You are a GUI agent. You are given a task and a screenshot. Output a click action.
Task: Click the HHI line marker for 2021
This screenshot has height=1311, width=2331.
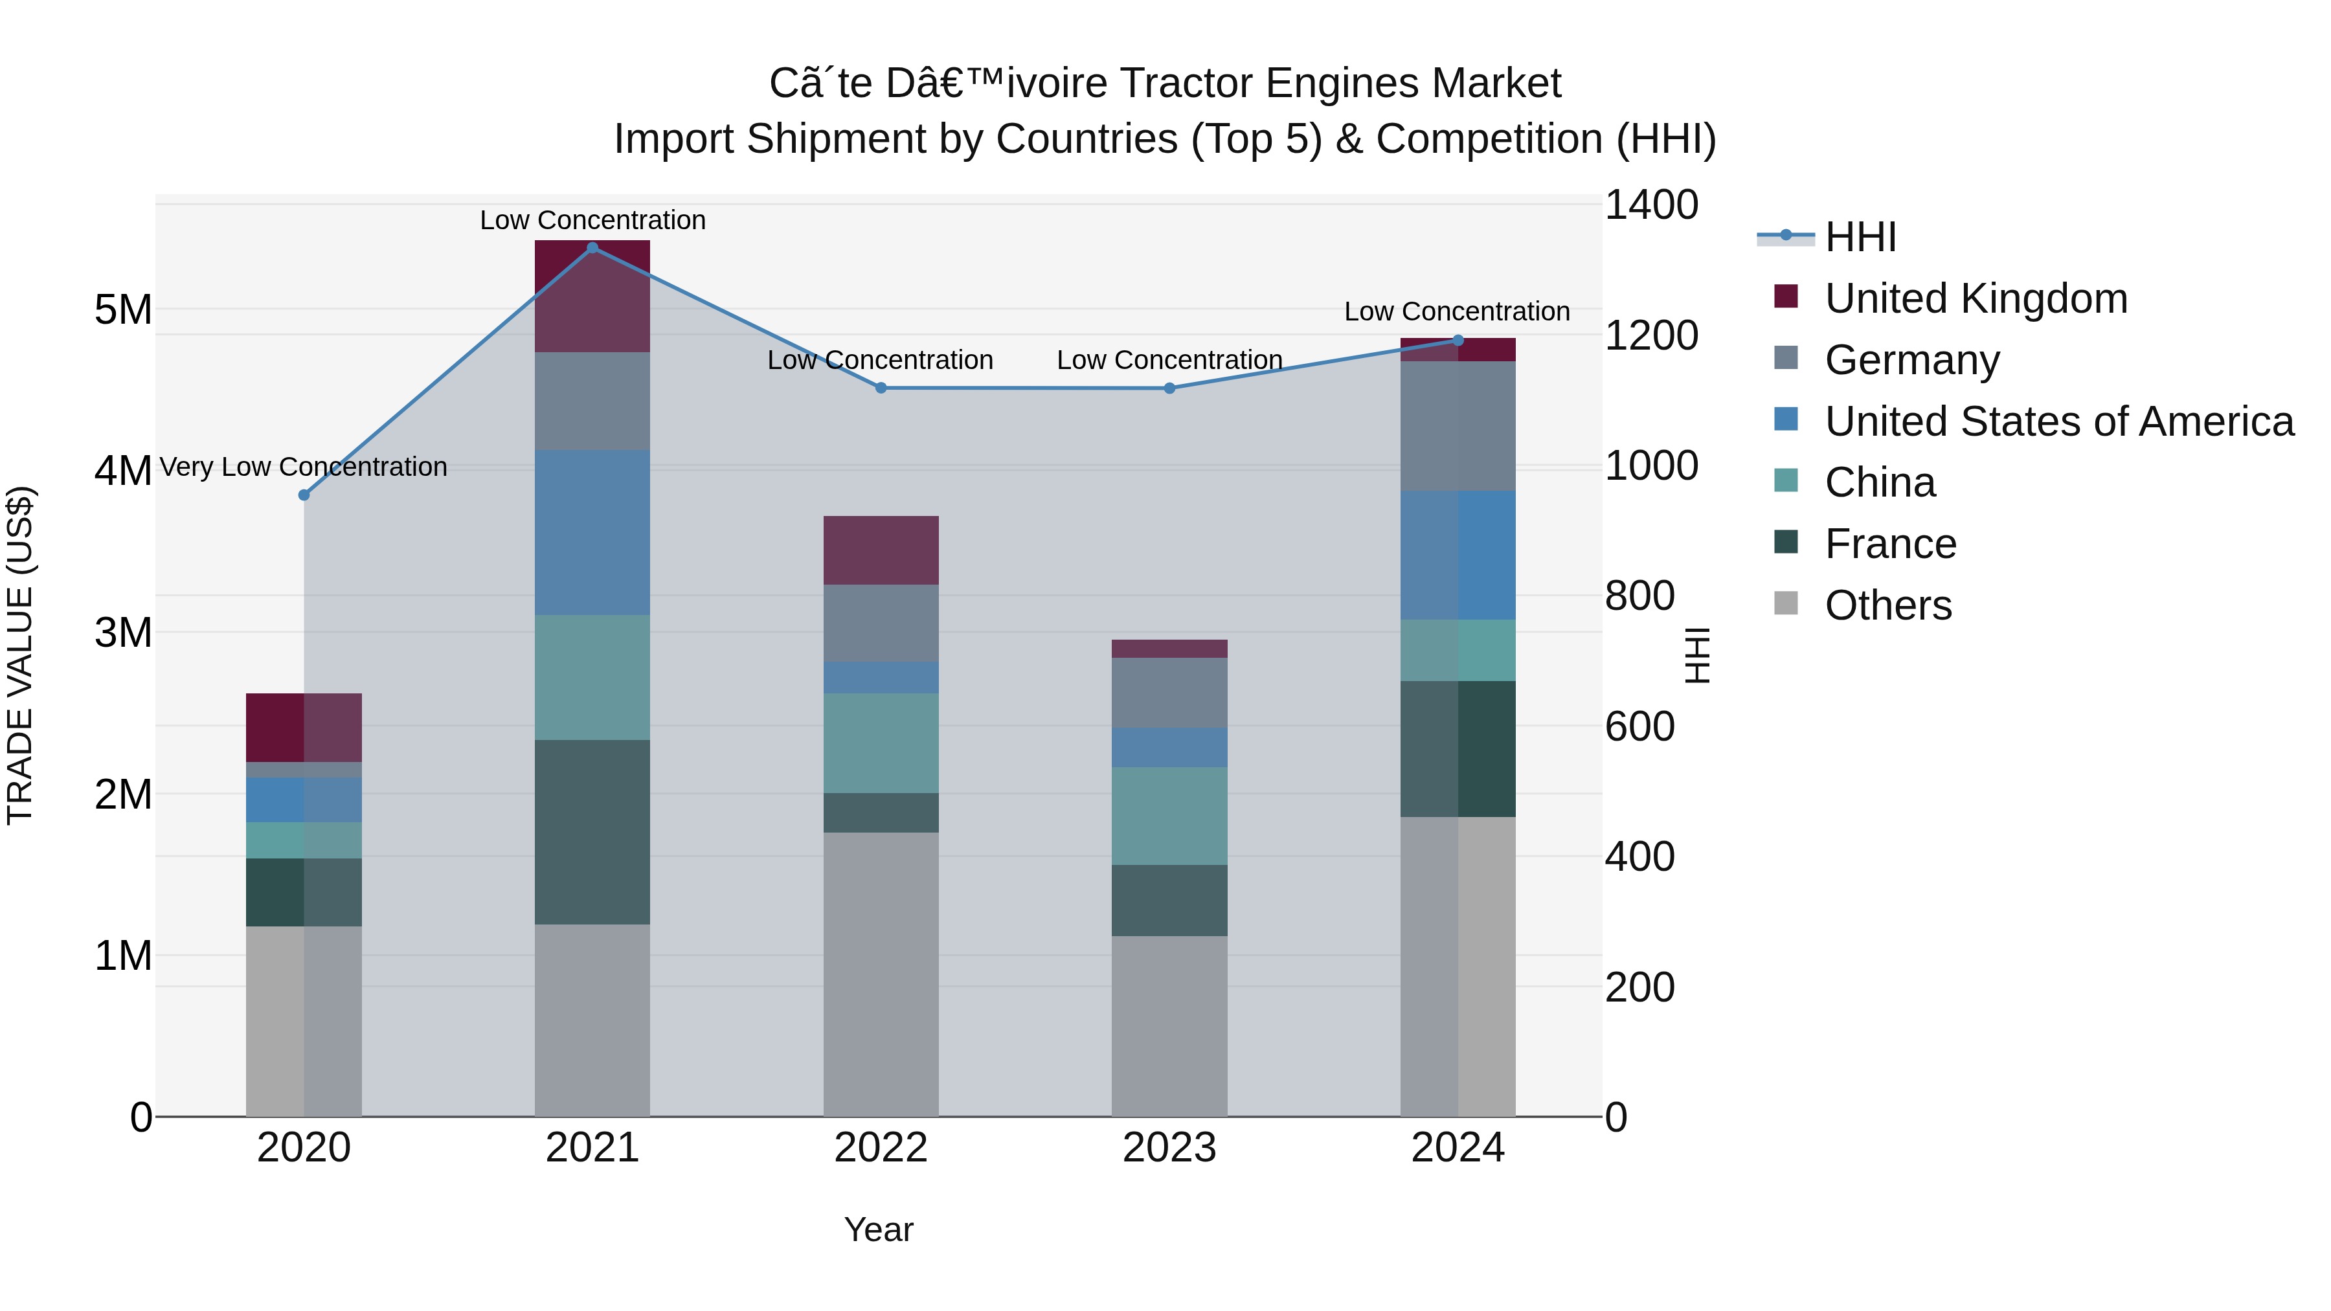click(x=592, y=248)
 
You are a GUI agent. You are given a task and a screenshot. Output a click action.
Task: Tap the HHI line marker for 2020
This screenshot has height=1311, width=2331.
click(x=304, y=495)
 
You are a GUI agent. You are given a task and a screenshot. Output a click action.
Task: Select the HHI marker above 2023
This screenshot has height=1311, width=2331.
click(x=1169, y=388)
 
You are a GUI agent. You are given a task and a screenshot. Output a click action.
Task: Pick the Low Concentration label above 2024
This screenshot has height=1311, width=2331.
click(x=1456, y=311)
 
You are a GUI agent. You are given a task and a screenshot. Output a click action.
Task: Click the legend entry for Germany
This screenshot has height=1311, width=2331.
click(x=1911, y=360)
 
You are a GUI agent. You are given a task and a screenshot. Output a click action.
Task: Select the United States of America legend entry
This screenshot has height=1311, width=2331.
click(x=2058, y=421)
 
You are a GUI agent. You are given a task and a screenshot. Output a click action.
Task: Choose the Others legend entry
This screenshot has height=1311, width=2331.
click(x=1887, y=605)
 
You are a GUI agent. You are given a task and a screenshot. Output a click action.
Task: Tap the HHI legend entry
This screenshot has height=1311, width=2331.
click(x=1860, y=237)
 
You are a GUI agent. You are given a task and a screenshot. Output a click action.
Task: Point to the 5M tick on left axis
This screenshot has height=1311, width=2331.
click(x=123, y=309)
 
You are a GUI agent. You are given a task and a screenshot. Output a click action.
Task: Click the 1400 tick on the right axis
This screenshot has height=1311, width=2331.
click(x=1650, y=205)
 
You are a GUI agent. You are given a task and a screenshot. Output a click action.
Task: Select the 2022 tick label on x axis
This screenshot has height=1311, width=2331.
click(x=881, y=1147)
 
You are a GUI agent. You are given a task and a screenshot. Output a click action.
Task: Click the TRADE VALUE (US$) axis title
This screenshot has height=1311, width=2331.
click(x=20, y=655)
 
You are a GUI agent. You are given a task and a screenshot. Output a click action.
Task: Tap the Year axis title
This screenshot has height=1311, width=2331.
click(x=878, y=1229)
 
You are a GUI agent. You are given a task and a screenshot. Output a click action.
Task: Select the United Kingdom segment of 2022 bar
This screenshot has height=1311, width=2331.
click(x=881, y=550)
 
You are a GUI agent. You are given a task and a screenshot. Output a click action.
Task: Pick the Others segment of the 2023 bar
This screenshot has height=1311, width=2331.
click(x=1169, y=1025)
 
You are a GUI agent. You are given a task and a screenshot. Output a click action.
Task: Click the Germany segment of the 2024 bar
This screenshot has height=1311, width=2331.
click(x=1457, y=426)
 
